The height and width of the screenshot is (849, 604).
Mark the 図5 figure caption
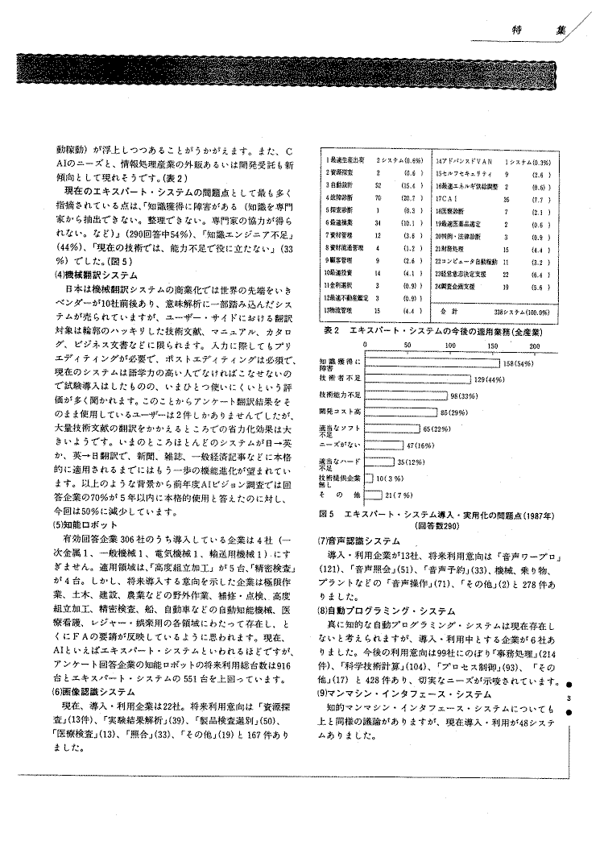[432, 513]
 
